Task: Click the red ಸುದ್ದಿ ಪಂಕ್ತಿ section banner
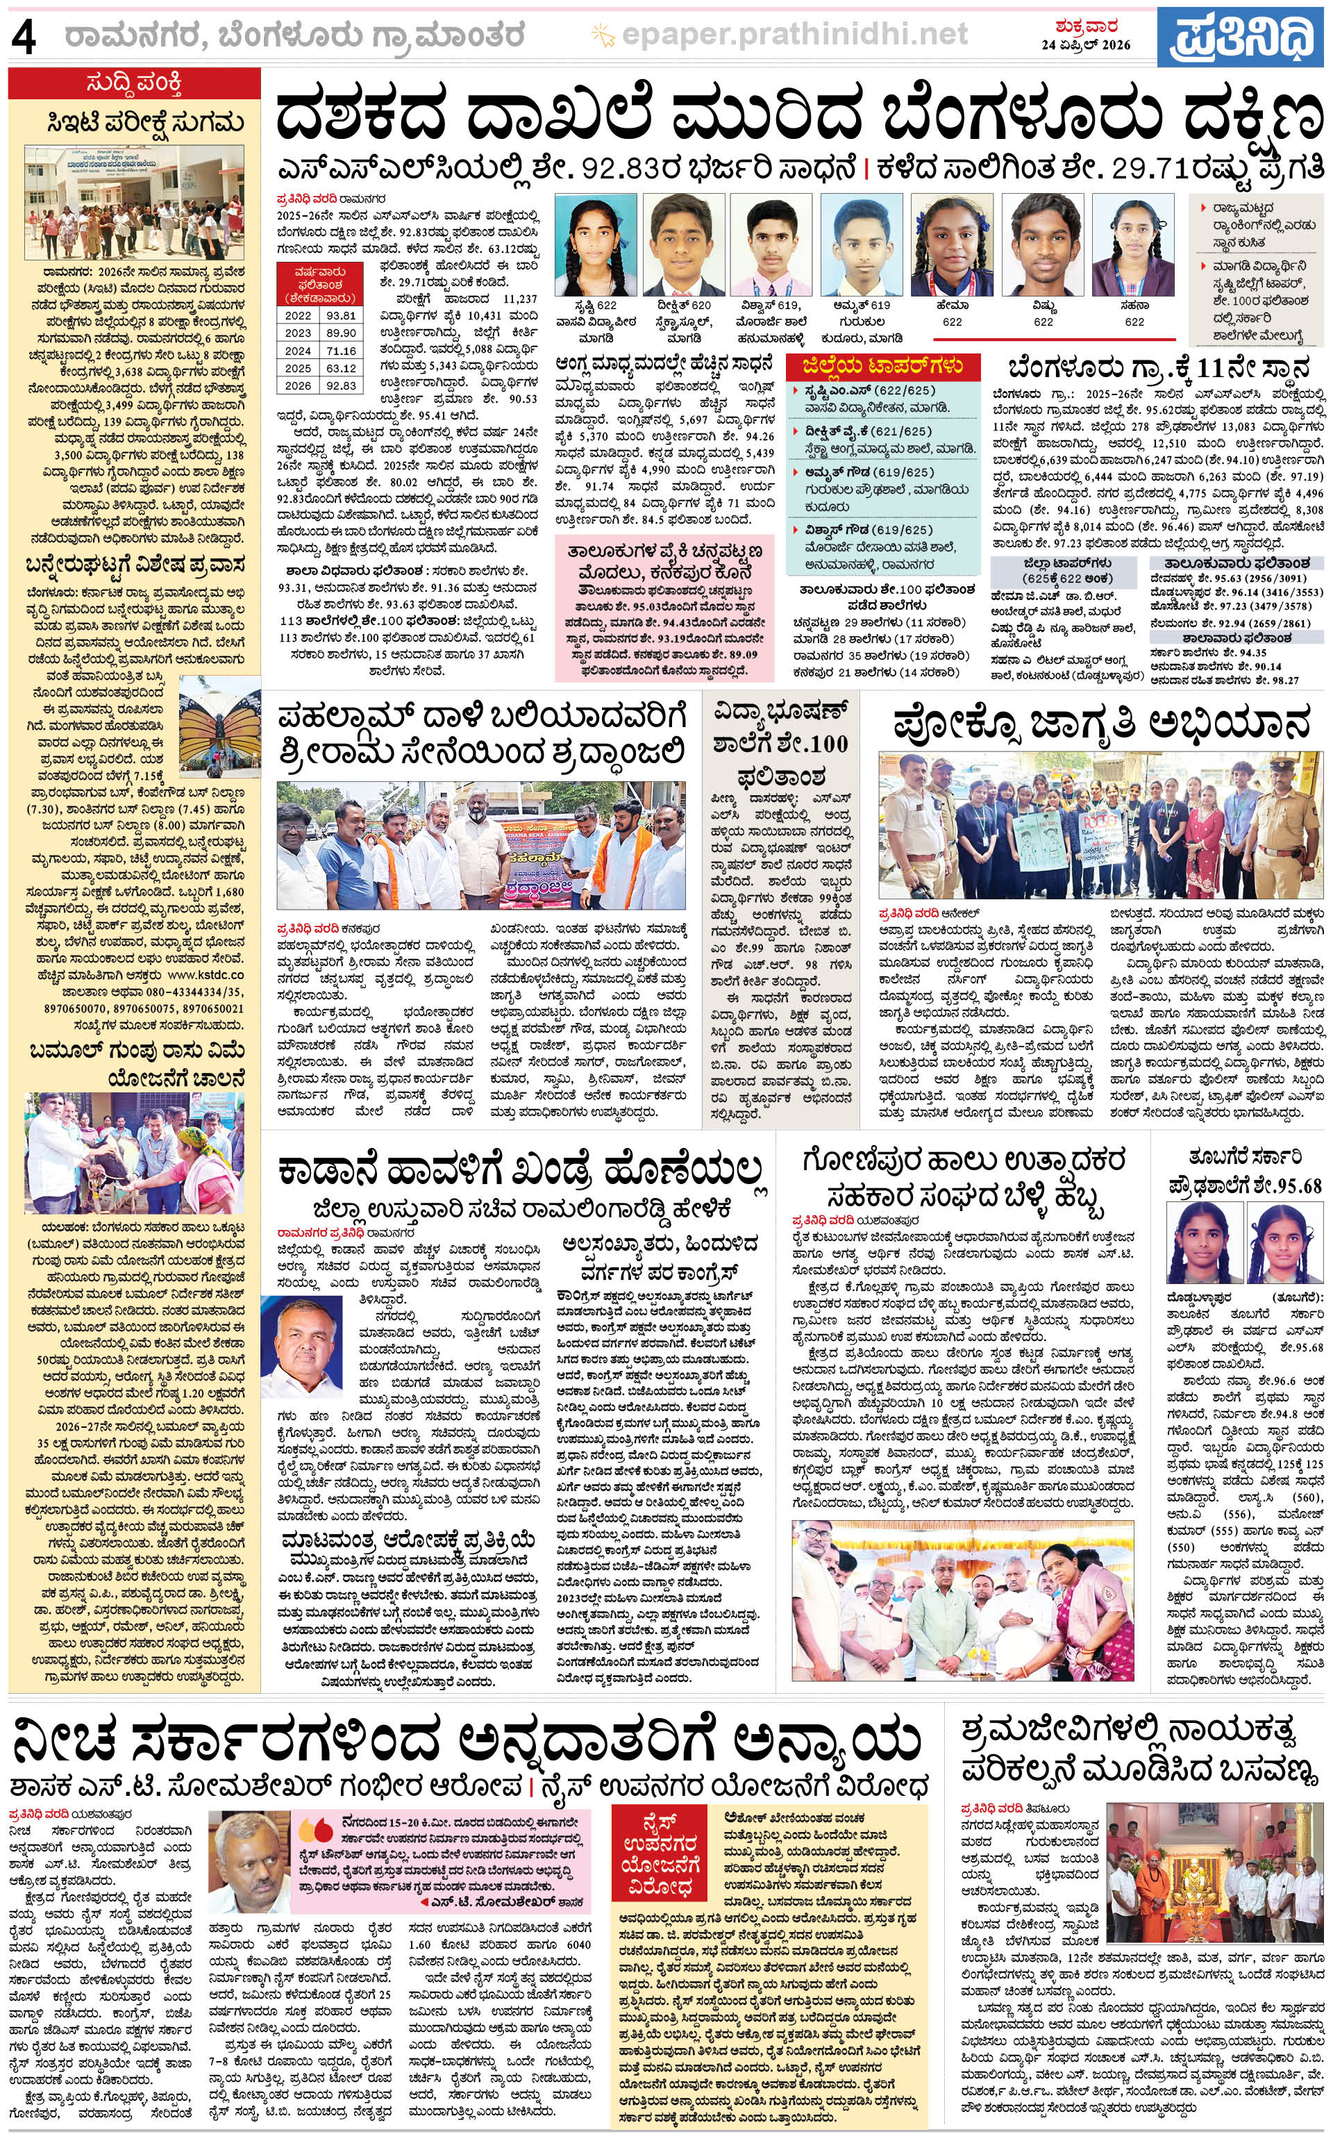134,85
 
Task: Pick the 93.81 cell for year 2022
340,315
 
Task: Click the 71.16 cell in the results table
340,350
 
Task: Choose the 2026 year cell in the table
298,385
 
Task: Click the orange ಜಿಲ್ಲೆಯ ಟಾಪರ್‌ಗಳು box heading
882,366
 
